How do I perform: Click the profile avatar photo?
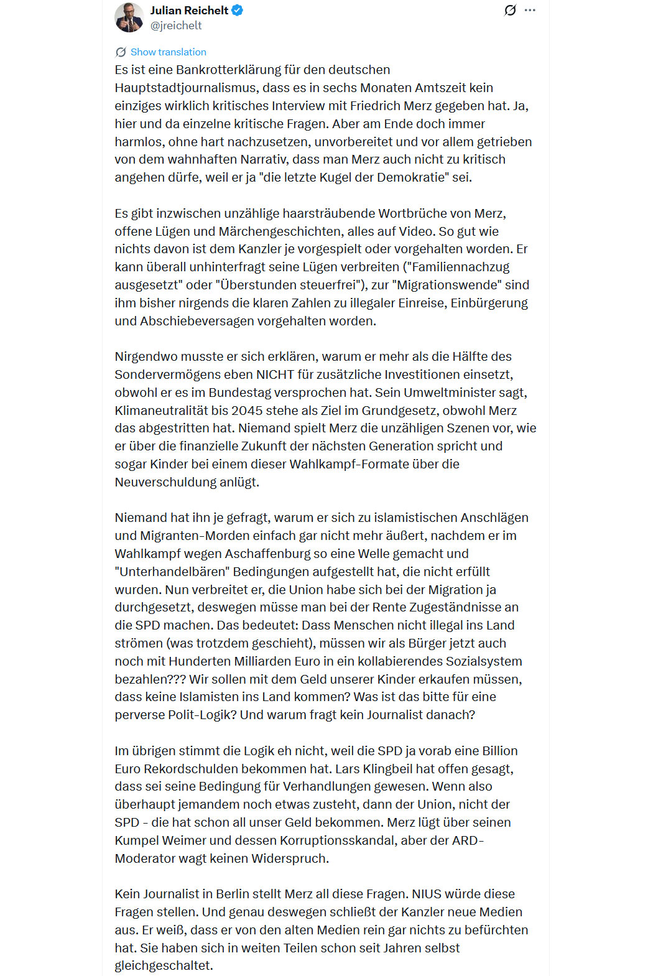pos(129,17)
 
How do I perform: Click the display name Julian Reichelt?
pos(189,11)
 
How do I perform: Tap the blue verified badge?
pos(238,11)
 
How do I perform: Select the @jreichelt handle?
pos(176,26)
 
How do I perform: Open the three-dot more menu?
pos(530,11)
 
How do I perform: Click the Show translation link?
pos(168,52)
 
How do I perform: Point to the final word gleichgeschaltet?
pos(163,965)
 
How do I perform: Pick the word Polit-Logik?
pos(202,715)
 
